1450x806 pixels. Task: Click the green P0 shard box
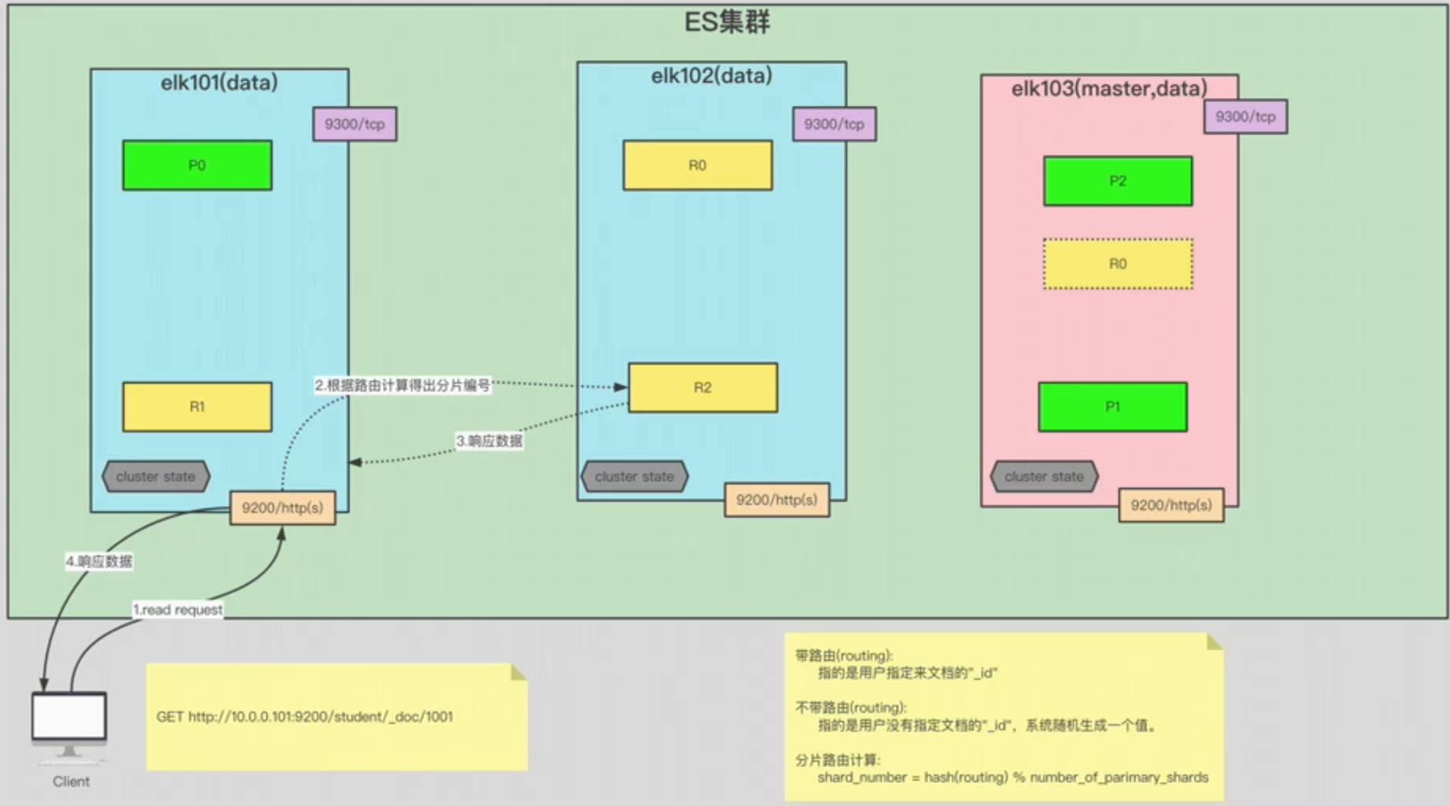pyautogui.click(x=197, y=165)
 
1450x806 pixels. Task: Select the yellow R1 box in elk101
pyautogui.click(x=197, y=407)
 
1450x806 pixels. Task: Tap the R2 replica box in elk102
pyautogui.click(x=703, y=388)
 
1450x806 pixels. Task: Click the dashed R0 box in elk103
pyautogui.click(x=1118, y=264)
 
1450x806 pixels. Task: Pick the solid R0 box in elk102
pyautogui.click(x=697, y=165)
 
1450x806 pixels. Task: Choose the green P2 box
pyautogui.click(x=1118, y=181)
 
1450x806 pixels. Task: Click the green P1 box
pyautogui.click(x=1112, y=407)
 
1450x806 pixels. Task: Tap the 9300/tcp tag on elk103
pyautogui.click(x=1245, y=117)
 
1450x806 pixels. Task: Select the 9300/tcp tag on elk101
pyautogui.click(x=354, y=124)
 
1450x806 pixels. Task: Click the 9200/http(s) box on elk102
pyautogui.click(x=777, y=500)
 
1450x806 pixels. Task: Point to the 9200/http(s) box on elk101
pyautogui.click(x=282, y=508)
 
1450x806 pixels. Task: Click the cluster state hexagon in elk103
pyautogui.click(x=1044, y=477)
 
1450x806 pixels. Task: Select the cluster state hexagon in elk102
pyautogui.click(x=634, y=477)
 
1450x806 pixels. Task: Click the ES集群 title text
pyautogui.click(x=726, y=22)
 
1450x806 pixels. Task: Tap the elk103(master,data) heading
pyautogui.click(x=1109, y=88)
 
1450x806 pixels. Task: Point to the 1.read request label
pyautogui.click(x=177, y=610)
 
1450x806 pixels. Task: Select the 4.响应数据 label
pyautogui.click(x=98, y=562)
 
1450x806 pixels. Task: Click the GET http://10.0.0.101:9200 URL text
pyautogui.click(x=304, y=717)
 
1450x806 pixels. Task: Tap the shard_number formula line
pyautogui.click(x=1012, y=778)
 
